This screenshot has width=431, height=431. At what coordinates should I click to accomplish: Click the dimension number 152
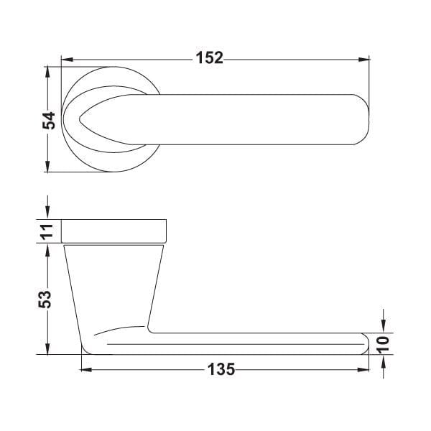(x=210, y=58)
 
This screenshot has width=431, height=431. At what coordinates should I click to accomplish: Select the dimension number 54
(x=49, y=121)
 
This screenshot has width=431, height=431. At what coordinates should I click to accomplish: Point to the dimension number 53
(x=45, y=299)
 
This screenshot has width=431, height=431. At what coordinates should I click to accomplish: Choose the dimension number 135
(x=221, y=369)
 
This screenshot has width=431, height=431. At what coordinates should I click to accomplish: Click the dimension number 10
(x=383, y=344)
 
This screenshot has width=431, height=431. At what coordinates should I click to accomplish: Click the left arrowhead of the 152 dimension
(x=67, y=60)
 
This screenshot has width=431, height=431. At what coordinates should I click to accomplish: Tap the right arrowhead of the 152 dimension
(x=363, y=60)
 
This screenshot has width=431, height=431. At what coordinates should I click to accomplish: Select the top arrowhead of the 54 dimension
(x=48, y=73)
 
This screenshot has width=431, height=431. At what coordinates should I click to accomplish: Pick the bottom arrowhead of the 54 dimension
(x=48, y=166)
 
